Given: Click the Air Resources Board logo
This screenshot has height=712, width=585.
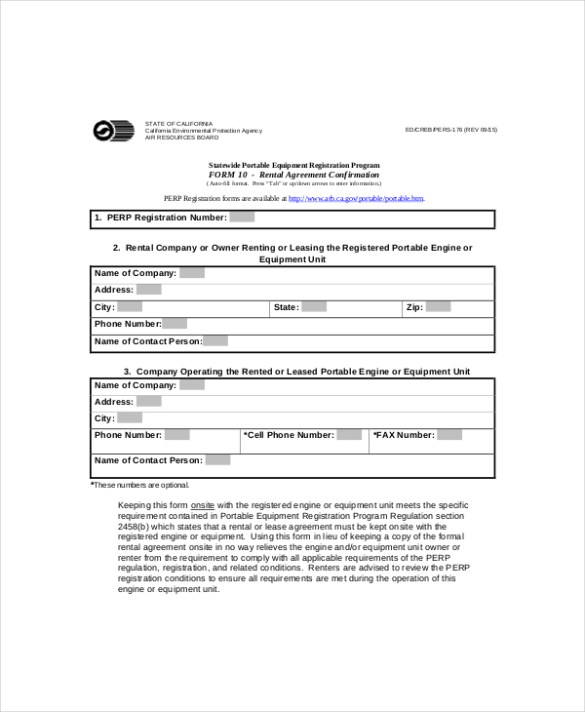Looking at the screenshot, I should pos(113,131).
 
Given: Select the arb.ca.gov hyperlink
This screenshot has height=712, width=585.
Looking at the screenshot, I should pos(356,198).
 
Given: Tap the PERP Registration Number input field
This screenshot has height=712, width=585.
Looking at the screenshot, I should pos(242,218).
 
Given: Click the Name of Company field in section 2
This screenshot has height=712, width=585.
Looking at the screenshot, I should pos(192,274).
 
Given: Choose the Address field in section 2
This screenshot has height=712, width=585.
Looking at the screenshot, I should pos(148,290).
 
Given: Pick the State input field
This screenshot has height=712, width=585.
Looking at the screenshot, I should pos(313,307).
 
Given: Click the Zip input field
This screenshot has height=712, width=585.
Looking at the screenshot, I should pos(438,307).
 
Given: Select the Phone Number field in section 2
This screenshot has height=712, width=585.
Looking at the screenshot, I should pos(175,324).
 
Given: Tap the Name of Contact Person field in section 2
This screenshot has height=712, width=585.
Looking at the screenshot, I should pos(215,341).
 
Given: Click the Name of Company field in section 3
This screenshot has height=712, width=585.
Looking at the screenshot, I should pos(192,385).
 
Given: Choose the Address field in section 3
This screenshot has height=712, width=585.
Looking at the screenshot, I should pos(148,402).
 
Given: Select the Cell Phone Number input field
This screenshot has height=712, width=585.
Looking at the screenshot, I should pos(349,435).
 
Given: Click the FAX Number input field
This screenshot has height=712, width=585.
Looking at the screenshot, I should pos(449,435).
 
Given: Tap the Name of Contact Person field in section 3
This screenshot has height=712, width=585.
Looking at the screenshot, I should pos(218,460).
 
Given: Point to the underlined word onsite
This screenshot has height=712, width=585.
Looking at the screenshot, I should pos(203,505).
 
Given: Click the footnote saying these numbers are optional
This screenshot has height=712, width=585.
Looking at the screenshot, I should pos(140,485).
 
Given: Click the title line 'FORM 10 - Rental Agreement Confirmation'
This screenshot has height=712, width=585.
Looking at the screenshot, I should pos(293,175).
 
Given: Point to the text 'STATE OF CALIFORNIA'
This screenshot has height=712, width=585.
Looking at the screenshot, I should pos(177,124).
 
